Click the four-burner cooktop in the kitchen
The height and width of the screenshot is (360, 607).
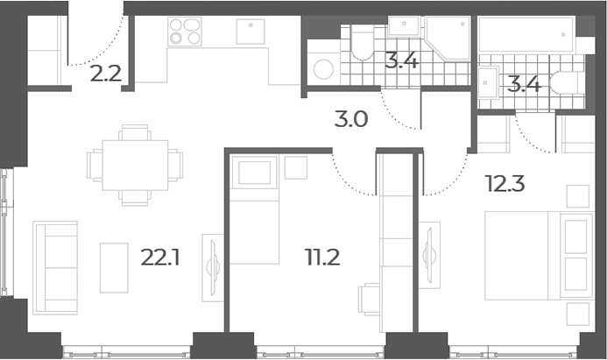pyautogui.click(x=185, y=32)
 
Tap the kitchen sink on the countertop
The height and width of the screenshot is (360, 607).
pyautogui.click(x=251, y=32)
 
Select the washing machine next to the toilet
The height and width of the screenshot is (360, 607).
pyautogui.click(x=323, y=69)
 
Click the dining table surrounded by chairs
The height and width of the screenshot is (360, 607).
pyautogui.click(x=135, y=166)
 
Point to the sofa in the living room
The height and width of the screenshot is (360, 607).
pyautogui.click(x=55, y=267)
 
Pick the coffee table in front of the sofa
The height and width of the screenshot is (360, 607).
pyautogui.click(x=114, y=267)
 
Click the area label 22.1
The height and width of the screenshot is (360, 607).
pyautogui.click(x=160, y=258)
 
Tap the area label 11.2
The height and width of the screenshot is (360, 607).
pyautogui.click(x=322, y=258)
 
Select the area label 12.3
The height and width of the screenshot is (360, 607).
pyautogui.click(x=505, y=184)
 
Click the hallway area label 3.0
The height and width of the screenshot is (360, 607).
pyautogui.click(x=351, y=120)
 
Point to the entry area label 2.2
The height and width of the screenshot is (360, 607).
pyautogui.click(x=106, y=74)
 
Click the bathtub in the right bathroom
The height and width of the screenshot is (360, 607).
pyautogui.click(x=526, y=34)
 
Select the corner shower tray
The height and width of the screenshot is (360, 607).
pyautogui.click(x=448, y=38)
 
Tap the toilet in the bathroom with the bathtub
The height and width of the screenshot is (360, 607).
pyautogui.click(x=567, y=82)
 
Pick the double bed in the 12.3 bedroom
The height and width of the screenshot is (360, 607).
pyautogui.click(x=539, y=256)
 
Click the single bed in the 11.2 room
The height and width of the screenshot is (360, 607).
pyautogui.click(x=254, y=210)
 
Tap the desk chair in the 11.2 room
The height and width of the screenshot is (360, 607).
pyautogui.click(x=369, y=300)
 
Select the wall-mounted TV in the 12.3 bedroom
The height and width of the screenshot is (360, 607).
pyautogui.click(x=429, y=256)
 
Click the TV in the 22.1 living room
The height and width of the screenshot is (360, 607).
pyautogui.click(x=213, y=268)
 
